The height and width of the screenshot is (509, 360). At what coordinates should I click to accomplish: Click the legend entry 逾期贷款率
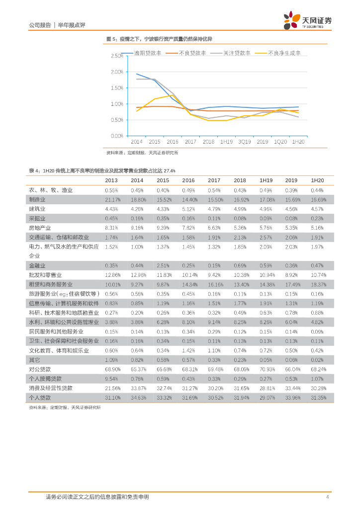point(148,53)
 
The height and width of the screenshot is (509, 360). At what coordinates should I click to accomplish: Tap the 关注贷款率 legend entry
point(236,53)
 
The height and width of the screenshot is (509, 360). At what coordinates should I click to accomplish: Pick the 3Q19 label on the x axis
point(244,142)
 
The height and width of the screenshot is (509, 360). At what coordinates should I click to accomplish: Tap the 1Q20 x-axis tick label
point(280,142)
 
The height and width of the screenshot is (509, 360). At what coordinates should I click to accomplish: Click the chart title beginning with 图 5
point(163,39)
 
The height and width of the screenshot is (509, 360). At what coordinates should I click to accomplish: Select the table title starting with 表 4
point(102,170)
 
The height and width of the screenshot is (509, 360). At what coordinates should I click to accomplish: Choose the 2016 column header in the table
point(188,180)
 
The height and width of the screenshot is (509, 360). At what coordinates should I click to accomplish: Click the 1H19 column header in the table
point(266,180)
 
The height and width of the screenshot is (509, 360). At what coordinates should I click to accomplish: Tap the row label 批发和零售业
point(45,275)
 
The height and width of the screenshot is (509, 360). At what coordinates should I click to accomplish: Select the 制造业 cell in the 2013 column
point(111,199)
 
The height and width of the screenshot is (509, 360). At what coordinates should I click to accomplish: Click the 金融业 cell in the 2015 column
point(163,265)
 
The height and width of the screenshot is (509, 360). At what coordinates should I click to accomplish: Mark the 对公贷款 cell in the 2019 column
point(292,369)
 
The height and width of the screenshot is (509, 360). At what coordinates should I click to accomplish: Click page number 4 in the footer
point(327,497)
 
